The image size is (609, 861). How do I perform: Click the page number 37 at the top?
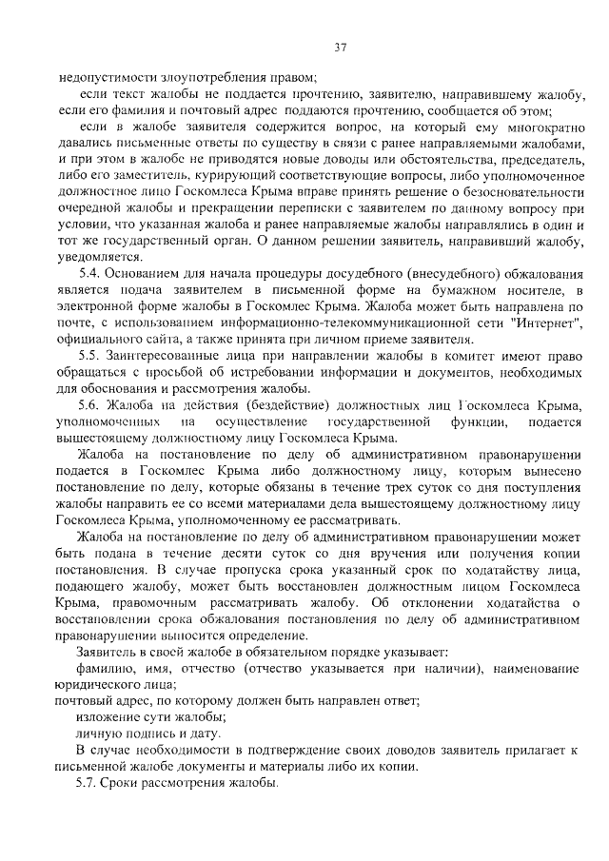coord(340,47)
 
